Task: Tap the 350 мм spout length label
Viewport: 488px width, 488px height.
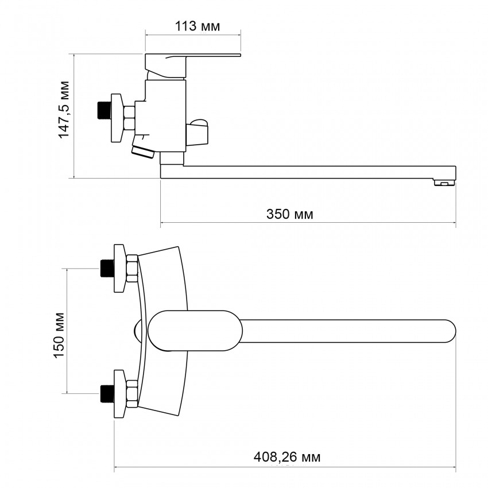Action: pos(289,214)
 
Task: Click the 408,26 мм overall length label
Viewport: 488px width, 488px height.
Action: pos(287,457)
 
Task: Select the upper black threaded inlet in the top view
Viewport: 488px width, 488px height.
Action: pos(107,268)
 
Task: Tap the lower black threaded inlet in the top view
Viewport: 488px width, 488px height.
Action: pos(107,393)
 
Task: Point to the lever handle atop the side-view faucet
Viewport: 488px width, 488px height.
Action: pos(192,59)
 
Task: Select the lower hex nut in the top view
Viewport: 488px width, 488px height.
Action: pos(131,393)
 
